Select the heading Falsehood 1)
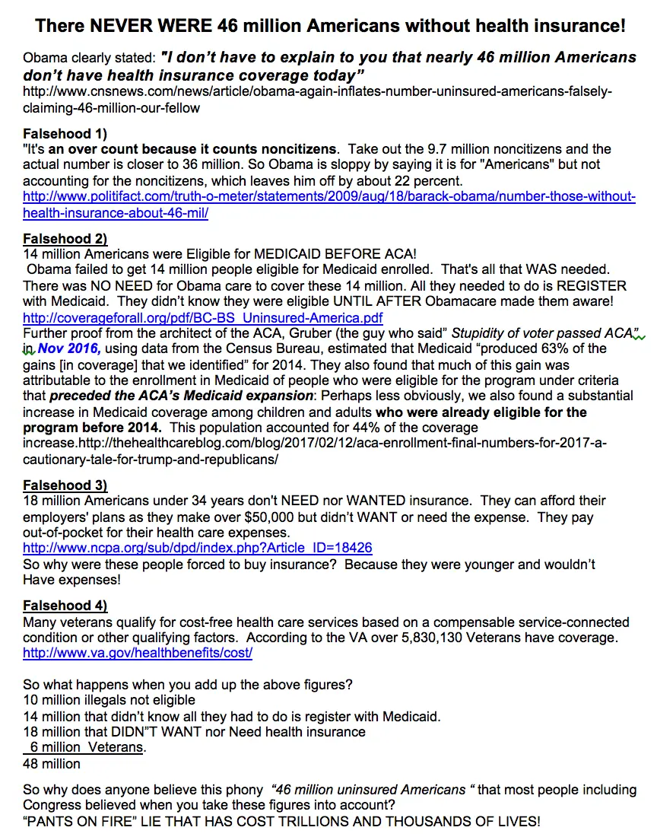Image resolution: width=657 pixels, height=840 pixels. point(65,134)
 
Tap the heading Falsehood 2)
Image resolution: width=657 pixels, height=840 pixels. point(65,239)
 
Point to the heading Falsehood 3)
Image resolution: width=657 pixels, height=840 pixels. point(65,485)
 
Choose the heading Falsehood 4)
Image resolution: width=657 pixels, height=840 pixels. point(65,606)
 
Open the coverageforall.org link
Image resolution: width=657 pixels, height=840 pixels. point(203,317)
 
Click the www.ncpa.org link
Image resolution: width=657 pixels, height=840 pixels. point(198,548)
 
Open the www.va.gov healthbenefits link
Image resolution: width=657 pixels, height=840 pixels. point(138,653)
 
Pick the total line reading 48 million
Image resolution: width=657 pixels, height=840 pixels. point(52,763)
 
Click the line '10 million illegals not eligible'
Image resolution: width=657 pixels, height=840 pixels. point(109,699)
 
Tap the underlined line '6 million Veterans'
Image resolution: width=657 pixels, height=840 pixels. point(86,747)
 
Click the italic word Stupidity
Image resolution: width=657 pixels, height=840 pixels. point(483,332)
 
